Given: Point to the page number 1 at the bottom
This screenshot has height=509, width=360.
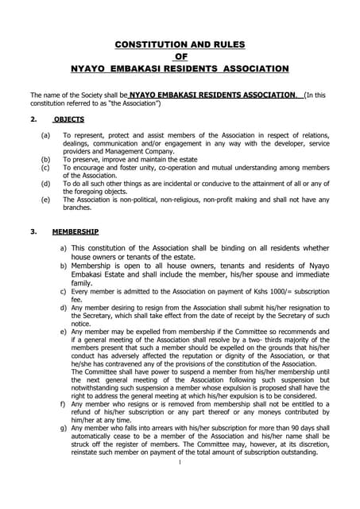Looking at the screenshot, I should tap(180, 463).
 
